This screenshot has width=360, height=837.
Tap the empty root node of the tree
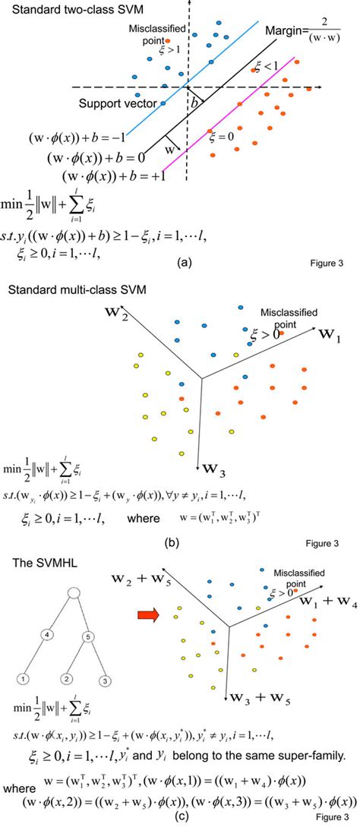[x=73, y=592]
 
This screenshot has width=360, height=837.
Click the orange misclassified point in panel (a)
[x=168, y=40]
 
